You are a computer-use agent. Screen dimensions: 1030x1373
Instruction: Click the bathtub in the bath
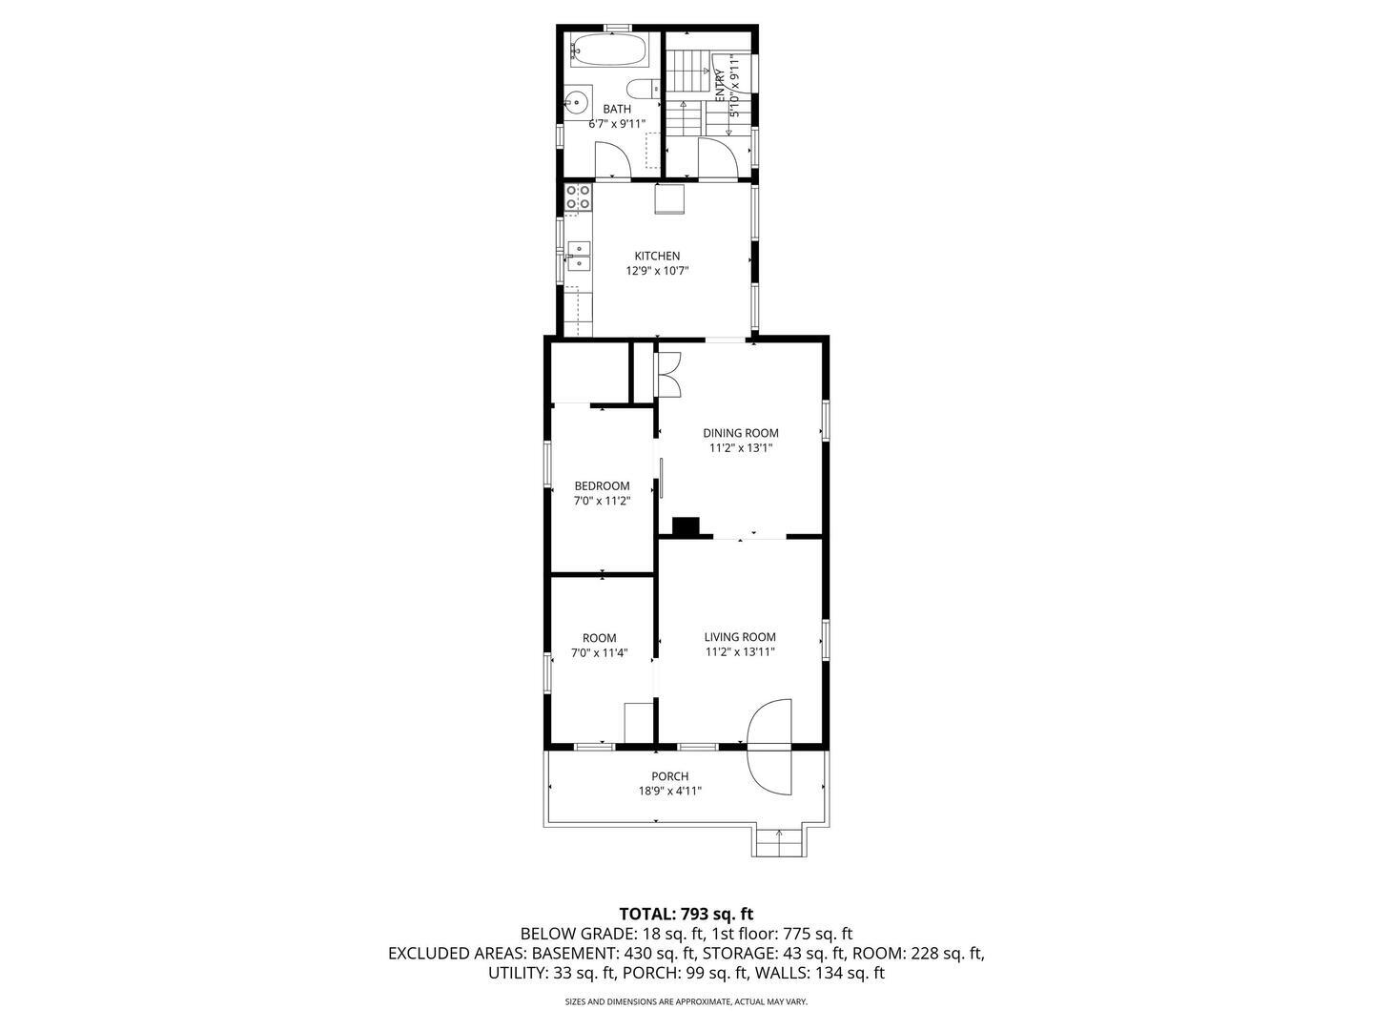coord(609,50)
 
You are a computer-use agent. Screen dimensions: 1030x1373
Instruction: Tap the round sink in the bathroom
coord(575,102)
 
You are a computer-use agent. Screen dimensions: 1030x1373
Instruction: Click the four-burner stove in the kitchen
coord(577,197)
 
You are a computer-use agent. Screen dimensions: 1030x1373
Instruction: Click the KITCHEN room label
coord(657,256)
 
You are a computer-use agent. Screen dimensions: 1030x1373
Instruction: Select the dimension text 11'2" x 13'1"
coord(740,447)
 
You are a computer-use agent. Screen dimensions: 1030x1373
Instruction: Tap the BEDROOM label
coord(602,485)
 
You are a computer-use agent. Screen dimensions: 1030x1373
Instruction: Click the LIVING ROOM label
coord(740,637)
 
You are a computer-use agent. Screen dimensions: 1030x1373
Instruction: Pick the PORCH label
coord(669,776)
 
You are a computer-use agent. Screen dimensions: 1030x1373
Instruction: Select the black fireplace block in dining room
coord(686,527)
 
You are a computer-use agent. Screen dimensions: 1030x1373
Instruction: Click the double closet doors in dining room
coord(669,374)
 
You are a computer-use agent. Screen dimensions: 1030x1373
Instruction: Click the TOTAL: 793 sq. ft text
coord(686,914)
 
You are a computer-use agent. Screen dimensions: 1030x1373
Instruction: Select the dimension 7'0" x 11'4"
coord(599,653)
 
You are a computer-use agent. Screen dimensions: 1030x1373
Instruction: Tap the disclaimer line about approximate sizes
coord(686,1002)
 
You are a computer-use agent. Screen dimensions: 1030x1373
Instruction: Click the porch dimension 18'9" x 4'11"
coord(669,791)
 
